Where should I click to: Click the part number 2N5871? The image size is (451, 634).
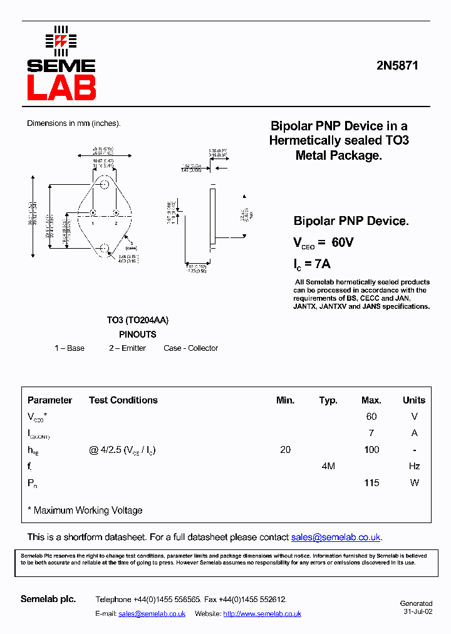(397, 65)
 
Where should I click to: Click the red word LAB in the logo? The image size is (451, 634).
(61, 88)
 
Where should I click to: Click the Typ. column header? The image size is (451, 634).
(328, 400)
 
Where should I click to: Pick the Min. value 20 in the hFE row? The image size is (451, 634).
(286, 450)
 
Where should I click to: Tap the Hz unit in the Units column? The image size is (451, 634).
(413, 466)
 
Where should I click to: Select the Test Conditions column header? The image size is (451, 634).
(123, 400)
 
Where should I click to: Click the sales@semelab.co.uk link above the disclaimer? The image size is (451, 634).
(336, 538)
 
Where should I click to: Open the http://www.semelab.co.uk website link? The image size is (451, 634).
(262, 614)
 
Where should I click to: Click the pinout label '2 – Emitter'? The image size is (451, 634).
(127, 348)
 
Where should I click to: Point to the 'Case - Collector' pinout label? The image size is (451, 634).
(191, 348)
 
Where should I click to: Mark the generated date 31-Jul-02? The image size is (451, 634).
(418, 612)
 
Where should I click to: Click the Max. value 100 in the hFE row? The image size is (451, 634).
(371, 450)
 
